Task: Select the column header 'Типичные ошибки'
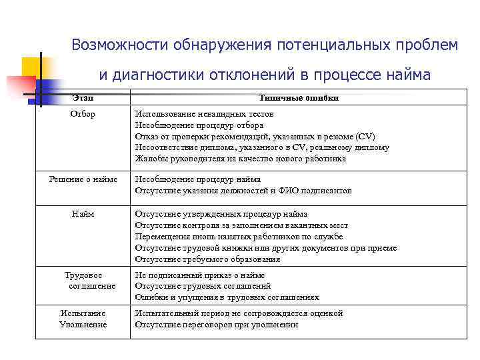point(297,99)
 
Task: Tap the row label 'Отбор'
point(83,114)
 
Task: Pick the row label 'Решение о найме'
point(83,179)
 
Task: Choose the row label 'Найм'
point(83,214)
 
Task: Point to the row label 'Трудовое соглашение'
point(83,280)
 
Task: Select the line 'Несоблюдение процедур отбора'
point(199,125)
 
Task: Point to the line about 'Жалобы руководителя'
point(240,159)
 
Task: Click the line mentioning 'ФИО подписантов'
point(243,191)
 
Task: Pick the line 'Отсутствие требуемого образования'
point(207,259)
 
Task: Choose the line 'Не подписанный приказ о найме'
point(199,275)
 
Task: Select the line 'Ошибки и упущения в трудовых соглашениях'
point(227,297)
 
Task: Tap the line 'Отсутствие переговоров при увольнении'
point(216,325)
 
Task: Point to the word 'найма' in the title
point(407,75)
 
